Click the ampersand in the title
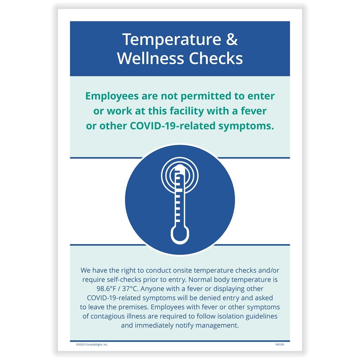coord(232,39)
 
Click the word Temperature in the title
coord(172,40)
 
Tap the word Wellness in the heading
coord(150,58)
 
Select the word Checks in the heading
coord(216,58)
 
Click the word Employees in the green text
coord(112,96)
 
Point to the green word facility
coord(187,111)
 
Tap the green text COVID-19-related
coord(173,126)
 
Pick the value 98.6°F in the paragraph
coord(106,289)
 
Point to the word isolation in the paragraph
coord(230,316)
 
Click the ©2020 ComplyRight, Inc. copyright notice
coord(92,345)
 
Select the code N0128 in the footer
coord(280,345)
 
